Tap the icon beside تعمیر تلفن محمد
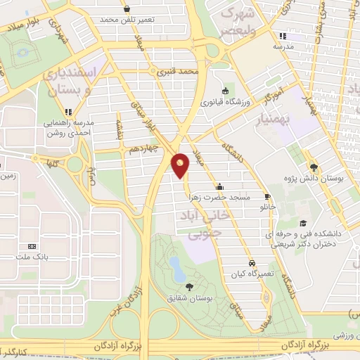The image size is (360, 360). [127, 9]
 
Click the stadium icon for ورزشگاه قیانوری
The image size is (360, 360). [224, 90]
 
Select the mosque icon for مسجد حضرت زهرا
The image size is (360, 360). [220, 187]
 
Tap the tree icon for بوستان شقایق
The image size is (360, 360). [189, 286]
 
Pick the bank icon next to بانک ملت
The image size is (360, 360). [32, 247]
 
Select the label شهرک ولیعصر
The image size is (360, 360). [243, 21]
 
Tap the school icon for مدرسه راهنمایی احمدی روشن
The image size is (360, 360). [68, 111]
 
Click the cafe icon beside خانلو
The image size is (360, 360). [267, 196]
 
